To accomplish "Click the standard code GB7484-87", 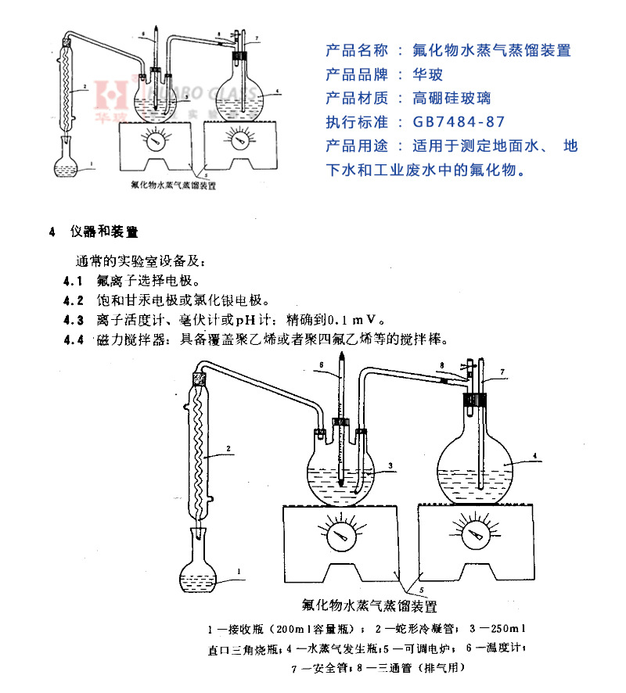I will pyautogui.click(x=459, y=122).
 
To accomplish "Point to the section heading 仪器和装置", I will pyautogui.click(x=103, y=232).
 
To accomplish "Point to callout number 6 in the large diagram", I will pyautogui.click(x=321, y=365).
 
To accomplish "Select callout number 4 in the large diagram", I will pyautogui.click(x=533, y=454).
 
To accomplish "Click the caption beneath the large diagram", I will pyautogui.click(x=369, y=605).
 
